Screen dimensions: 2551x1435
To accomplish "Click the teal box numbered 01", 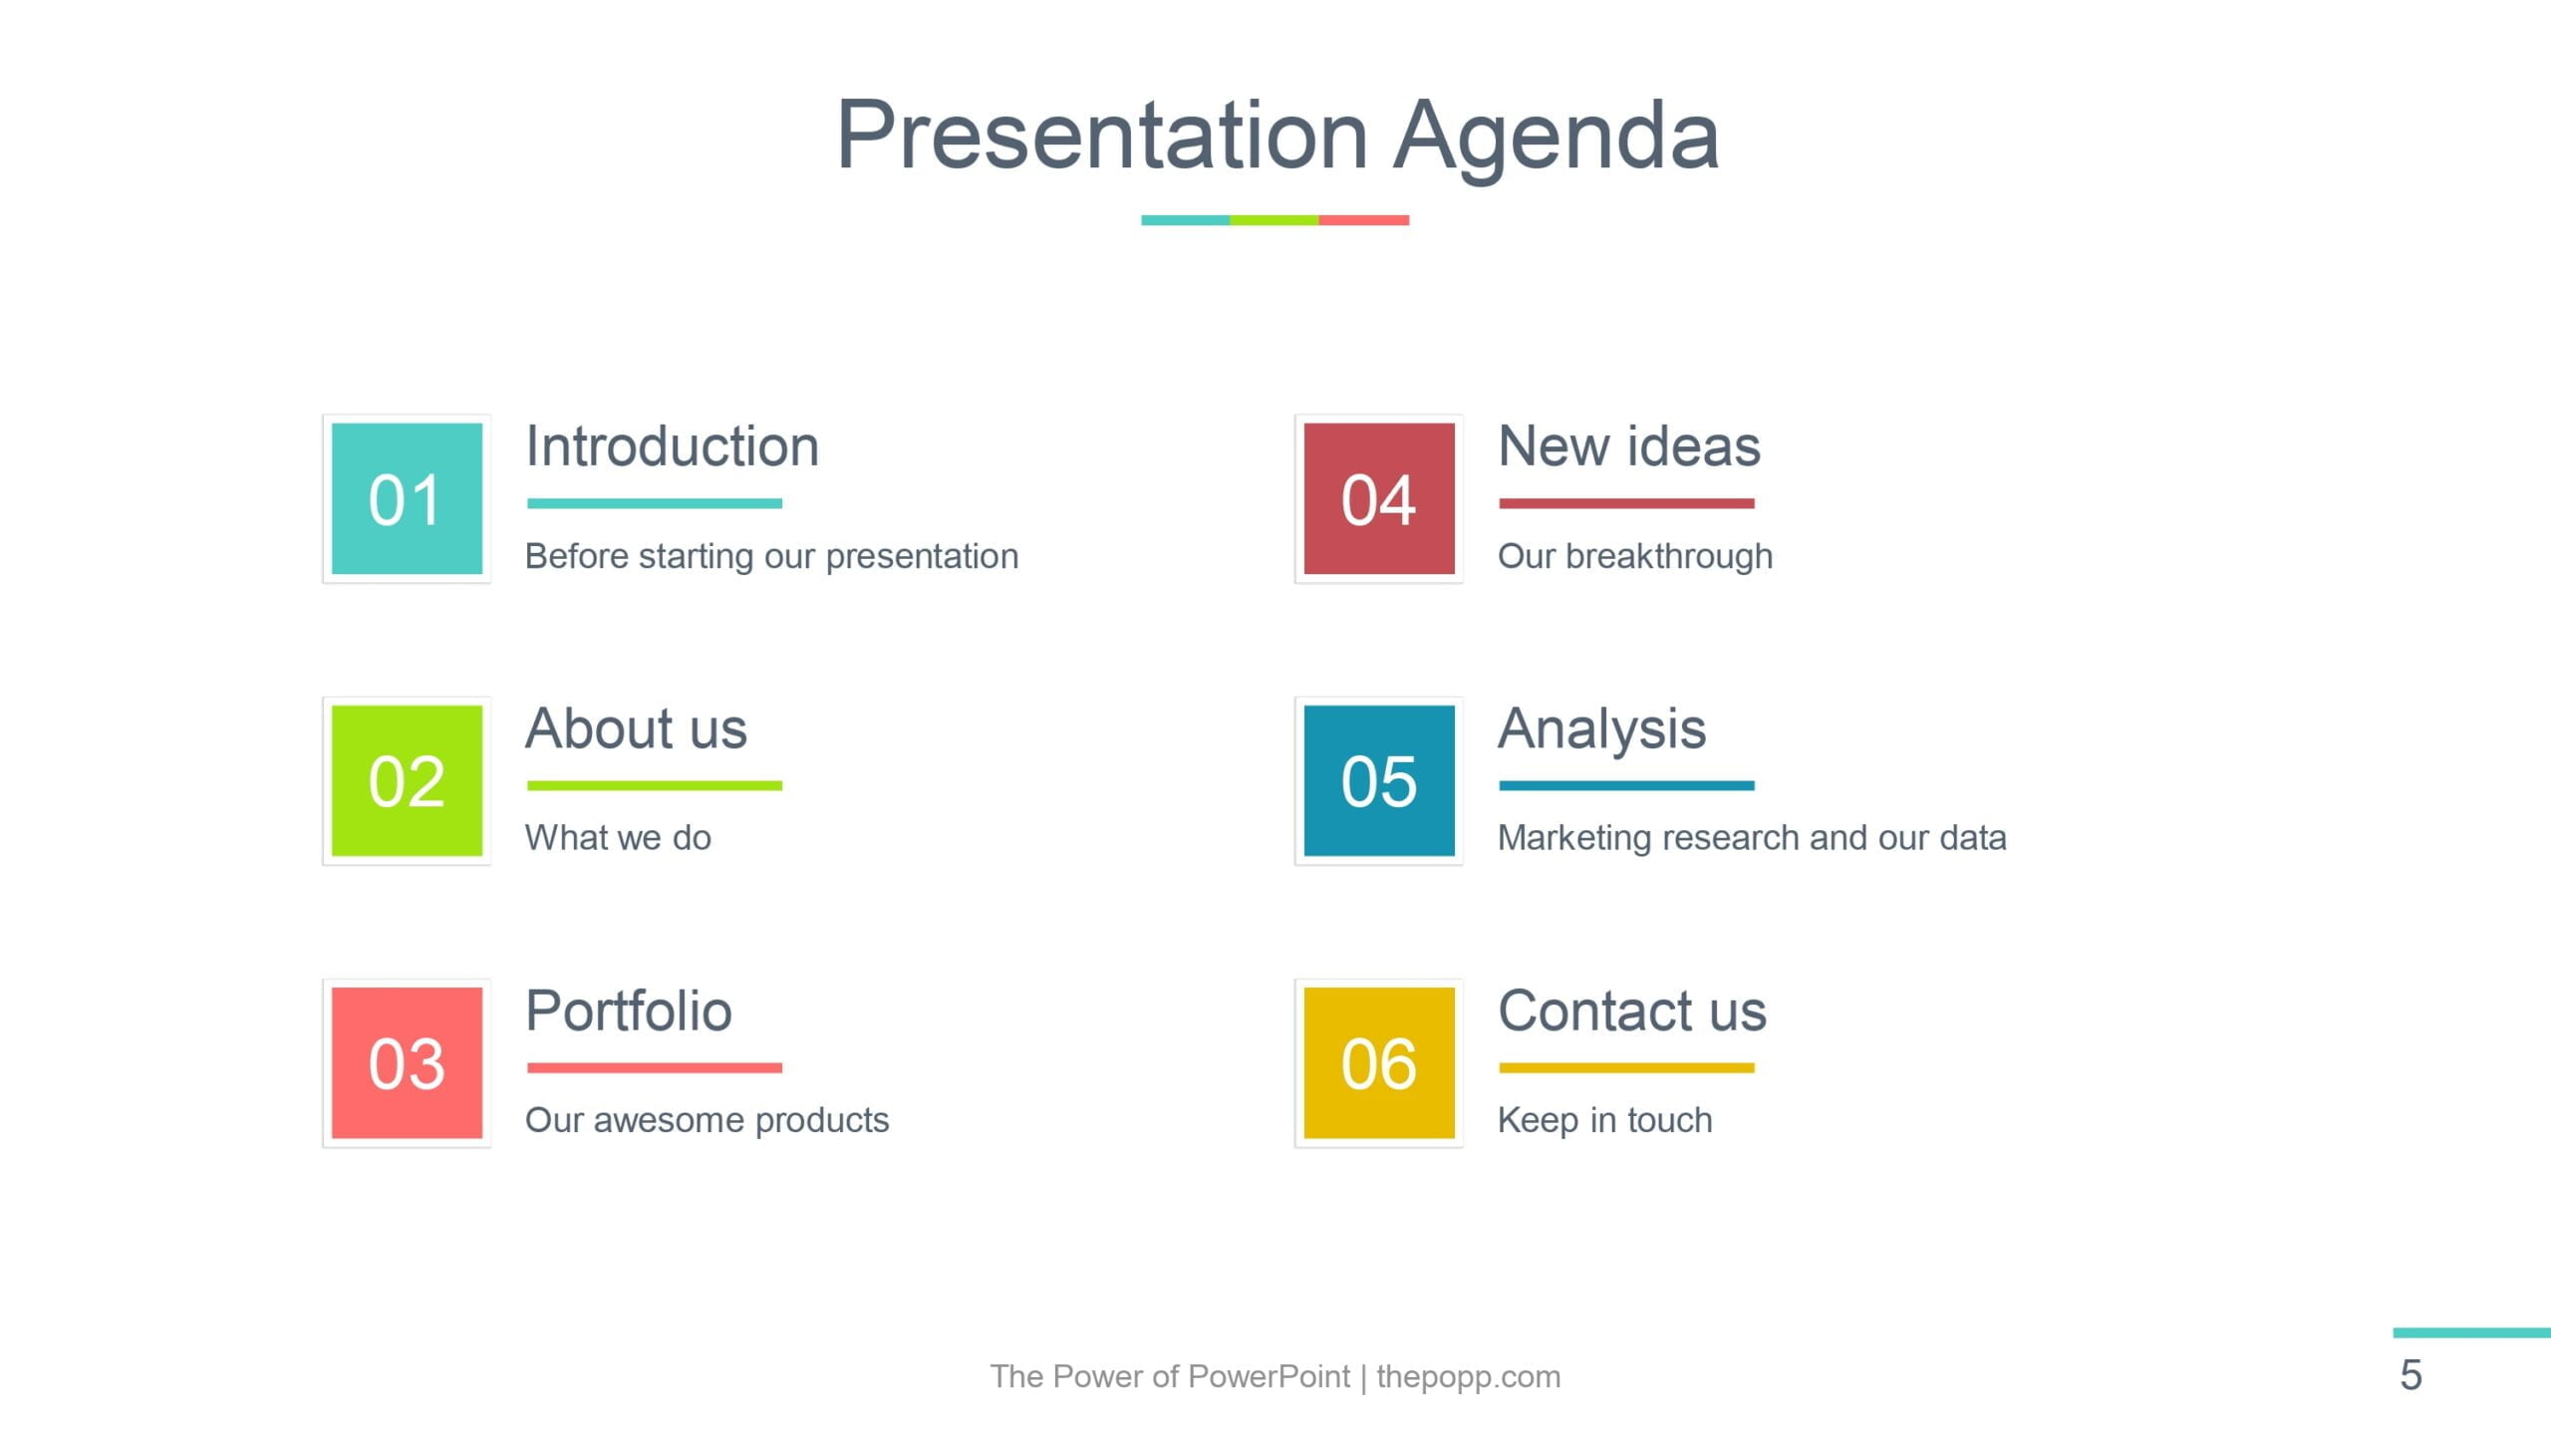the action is coord(407,498).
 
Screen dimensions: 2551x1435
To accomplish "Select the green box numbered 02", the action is coord(407,780).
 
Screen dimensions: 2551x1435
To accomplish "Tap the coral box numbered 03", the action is coord(407,1062).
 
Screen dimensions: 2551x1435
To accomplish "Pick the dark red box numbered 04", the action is coord(1379,498).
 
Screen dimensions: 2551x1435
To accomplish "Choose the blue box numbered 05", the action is coord(1379,780).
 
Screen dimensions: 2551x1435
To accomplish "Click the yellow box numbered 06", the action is coord(1379,1062).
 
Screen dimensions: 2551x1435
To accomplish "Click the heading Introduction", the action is coord(673,445).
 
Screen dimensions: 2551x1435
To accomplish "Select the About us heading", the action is coord(636,727).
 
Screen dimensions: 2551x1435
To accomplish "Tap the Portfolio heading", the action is coord(629,1010).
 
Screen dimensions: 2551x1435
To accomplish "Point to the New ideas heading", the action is coord(1629,445).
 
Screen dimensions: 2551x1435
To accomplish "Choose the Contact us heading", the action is coord(1633,1010).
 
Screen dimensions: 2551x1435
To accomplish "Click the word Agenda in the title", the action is coord(1557,138).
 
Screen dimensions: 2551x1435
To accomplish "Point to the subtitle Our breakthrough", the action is coord(1635,556).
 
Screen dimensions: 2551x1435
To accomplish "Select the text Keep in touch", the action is coord(1605,1120).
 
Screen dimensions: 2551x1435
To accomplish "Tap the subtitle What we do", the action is coord(618,838).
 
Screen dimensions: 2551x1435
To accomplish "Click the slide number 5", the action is coord(2410,1376).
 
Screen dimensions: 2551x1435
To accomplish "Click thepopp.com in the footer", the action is coord(1469,1377).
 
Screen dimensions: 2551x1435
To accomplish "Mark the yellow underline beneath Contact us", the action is coord(1626,1067).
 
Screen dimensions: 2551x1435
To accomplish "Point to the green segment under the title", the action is coord(1275,220).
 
